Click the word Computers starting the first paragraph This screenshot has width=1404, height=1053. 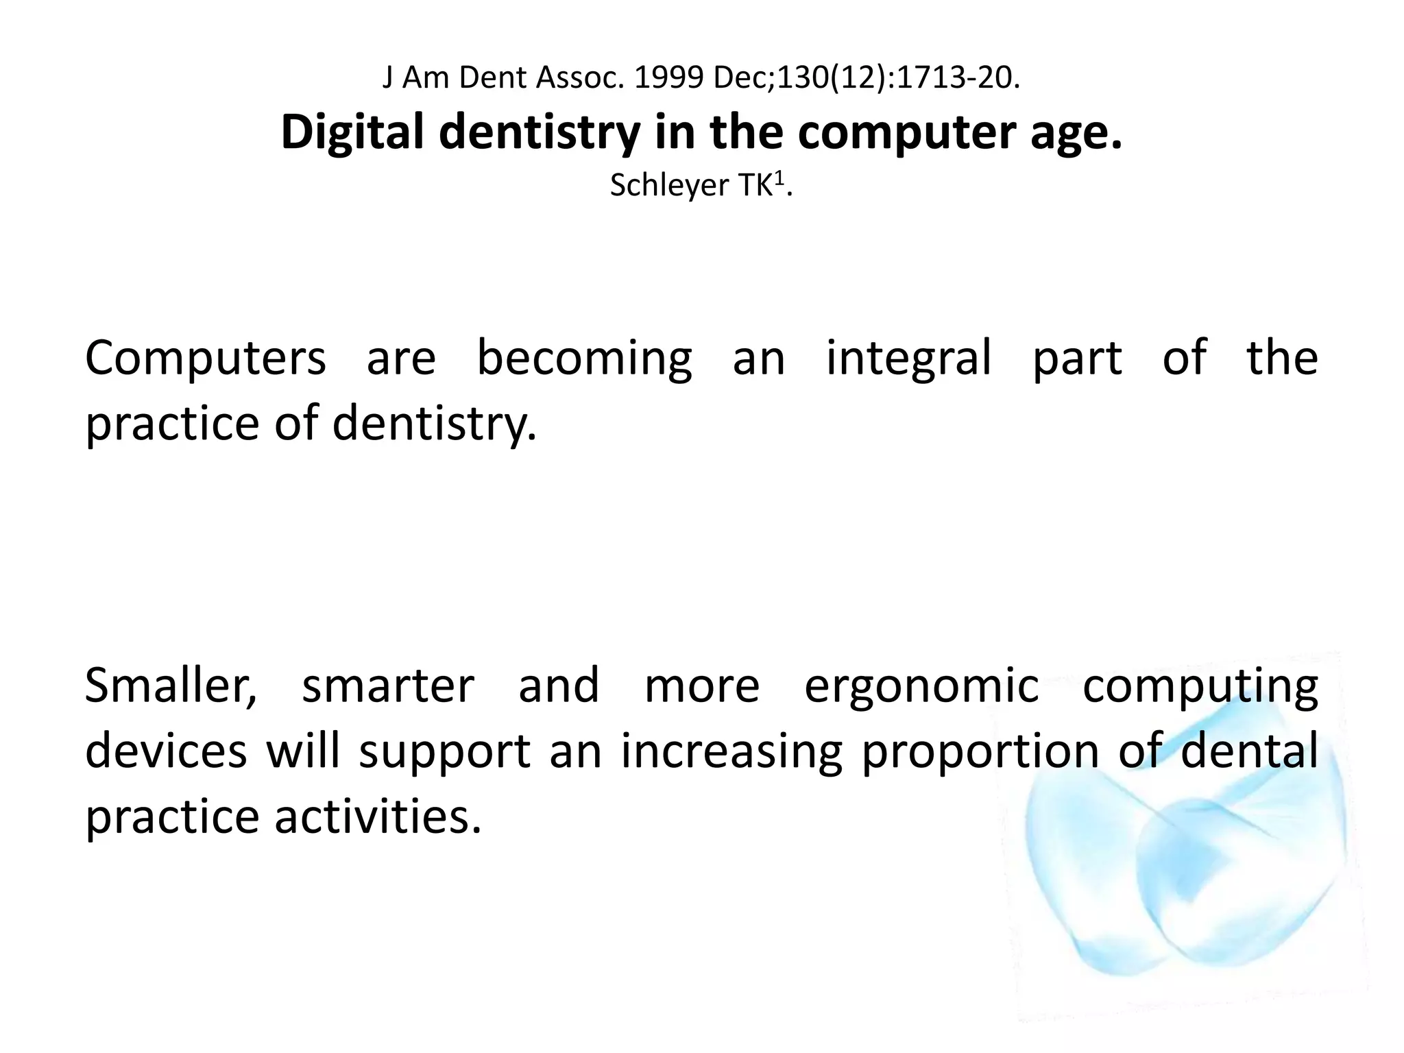(205, 359)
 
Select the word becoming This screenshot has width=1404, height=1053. (584, 359)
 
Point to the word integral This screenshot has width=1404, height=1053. (908, 359)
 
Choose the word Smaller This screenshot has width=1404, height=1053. (171, 686)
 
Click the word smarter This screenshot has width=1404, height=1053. (388, 686)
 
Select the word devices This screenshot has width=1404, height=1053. (165, 751)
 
